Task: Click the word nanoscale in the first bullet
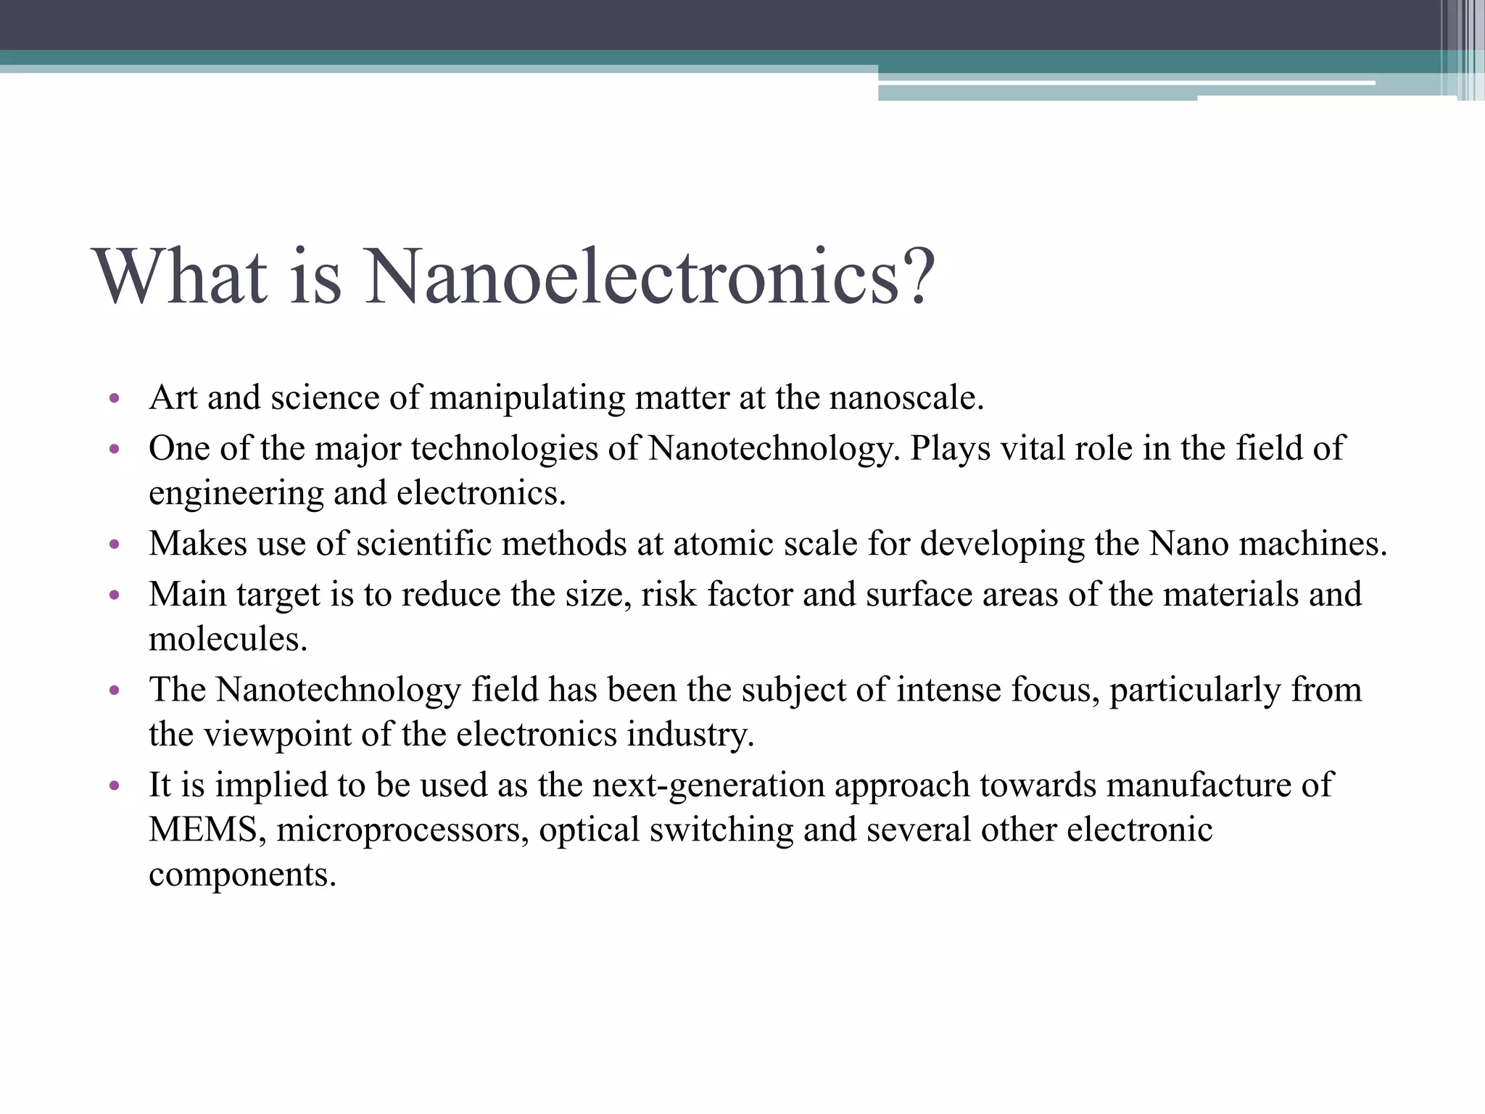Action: tap(906, 398)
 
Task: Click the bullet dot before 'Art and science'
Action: tap(114, 399)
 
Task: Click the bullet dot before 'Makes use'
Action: tap(114, 545)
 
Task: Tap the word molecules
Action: tap(228, 640)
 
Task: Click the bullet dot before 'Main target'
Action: tap(114, 595)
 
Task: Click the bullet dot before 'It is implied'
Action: tap(114, 785)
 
